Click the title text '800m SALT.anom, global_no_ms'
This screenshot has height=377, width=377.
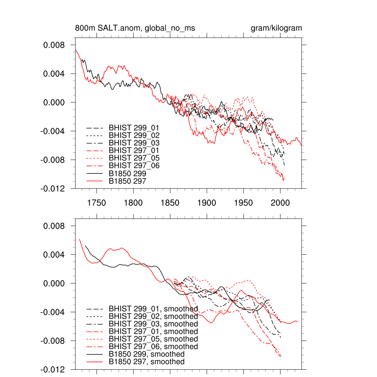[135, 28]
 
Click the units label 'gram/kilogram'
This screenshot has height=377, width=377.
[276, 28]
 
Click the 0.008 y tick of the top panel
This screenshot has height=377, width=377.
[54, 45]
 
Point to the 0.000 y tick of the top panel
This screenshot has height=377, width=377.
[54, 102]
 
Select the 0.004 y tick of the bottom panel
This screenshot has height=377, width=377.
[54, 255]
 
